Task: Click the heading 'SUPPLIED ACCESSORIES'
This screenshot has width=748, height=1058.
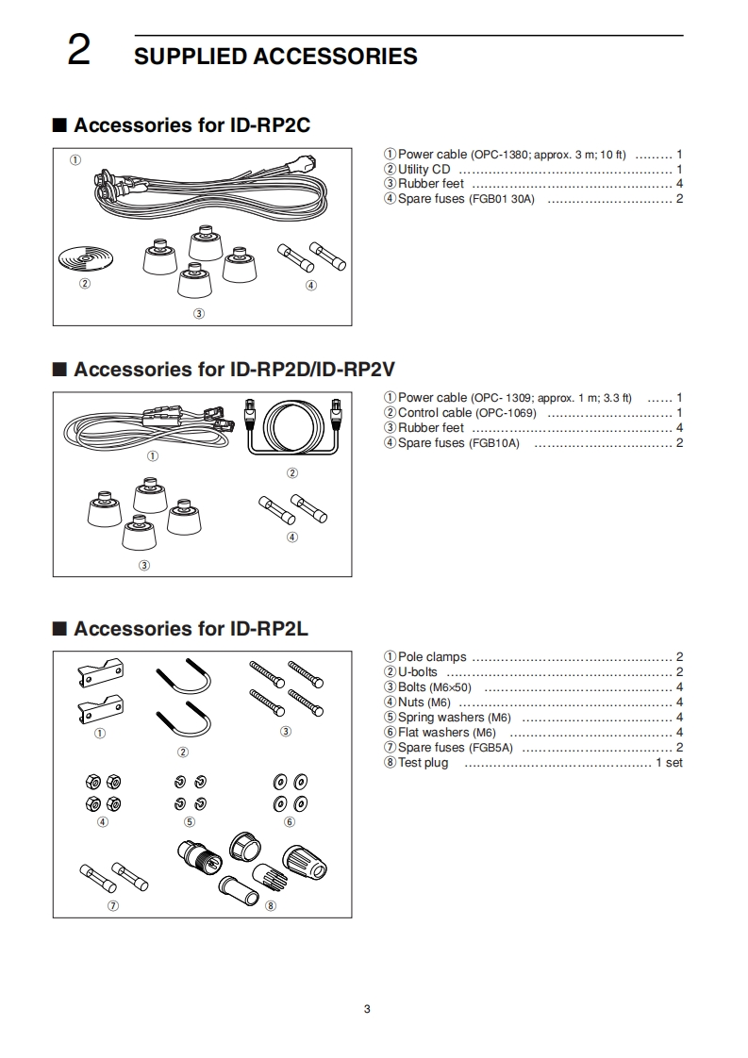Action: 275,57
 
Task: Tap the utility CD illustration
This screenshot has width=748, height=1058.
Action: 84,257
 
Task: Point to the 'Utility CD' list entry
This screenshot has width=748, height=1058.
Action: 424,170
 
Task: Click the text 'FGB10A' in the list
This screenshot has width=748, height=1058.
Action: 500,443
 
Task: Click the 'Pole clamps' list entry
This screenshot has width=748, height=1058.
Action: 431,657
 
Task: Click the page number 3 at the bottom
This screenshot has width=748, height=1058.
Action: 367,1009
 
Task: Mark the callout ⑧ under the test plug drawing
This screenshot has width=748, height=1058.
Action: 271,906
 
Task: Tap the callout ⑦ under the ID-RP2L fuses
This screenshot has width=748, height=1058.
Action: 113,905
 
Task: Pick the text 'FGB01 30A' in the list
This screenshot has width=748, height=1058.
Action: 502,200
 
